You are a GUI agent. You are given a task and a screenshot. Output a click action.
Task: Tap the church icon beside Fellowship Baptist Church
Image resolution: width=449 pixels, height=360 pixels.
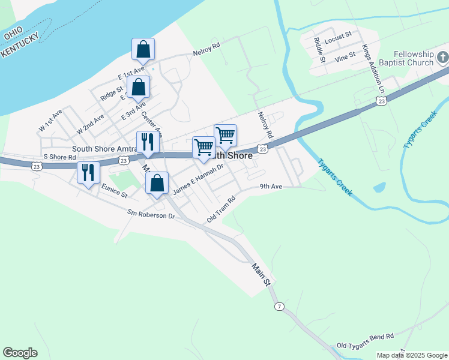coord(442,58)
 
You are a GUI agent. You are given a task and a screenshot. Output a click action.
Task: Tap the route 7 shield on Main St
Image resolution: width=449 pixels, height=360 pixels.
coord(278,307)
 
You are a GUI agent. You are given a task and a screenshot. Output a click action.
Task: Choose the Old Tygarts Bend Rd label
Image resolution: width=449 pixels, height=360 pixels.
coord(365,345)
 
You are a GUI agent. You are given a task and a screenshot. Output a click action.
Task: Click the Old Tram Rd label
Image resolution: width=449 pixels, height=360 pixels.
coord(220,208)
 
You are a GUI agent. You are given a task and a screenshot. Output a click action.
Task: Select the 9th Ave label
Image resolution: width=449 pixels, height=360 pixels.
coord(271,187)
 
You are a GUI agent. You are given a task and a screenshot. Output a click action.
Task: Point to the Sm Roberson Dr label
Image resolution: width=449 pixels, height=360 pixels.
coord(150,213)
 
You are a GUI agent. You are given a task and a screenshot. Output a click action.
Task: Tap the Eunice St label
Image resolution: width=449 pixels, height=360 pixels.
coord(115,191)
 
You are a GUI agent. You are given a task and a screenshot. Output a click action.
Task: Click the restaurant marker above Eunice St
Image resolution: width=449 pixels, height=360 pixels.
coord(88,173)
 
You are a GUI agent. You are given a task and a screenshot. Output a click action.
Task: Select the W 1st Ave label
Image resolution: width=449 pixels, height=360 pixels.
coord(50,121)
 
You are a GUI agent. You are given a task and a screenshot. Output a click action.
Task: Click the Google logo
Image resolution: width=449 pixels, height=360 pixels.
coord(20,353)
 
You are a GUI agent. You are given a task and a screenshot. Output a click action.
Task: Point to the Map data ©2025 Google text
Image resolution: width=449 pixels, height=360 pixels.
coord(411,355)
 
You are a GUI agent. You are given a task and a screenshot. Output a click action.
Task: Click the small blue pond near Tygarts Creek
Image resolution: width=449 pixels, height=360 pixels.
coord(379,187)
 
